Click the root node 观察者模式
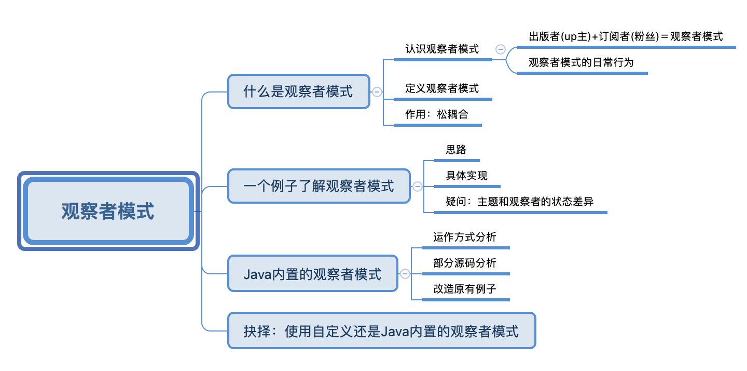108,211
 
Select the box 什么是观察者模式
298,91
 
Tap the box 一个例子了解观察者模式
319,186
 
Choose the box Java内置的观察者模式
312,274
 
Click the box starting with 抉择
381,330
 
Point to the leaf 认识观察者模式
442,49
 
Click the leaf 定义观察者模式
442,88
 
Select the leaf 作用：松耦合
437,114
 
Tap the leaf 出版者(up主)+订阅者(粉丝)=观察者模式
626,36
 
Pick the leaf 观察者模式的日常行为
581,62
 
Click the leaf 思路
456,150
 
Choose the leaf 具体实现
466,176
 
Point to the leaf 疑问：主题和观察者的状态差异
519,202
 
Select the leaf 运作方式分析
464,237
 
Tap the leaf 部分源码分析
464,263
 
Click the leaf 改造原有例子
464,289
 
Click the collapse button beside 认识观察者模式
501,49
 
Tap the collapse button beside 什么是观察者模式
377,92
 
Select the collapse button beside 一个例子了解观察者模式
418,186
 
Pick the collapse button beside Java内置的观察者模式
405,274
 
